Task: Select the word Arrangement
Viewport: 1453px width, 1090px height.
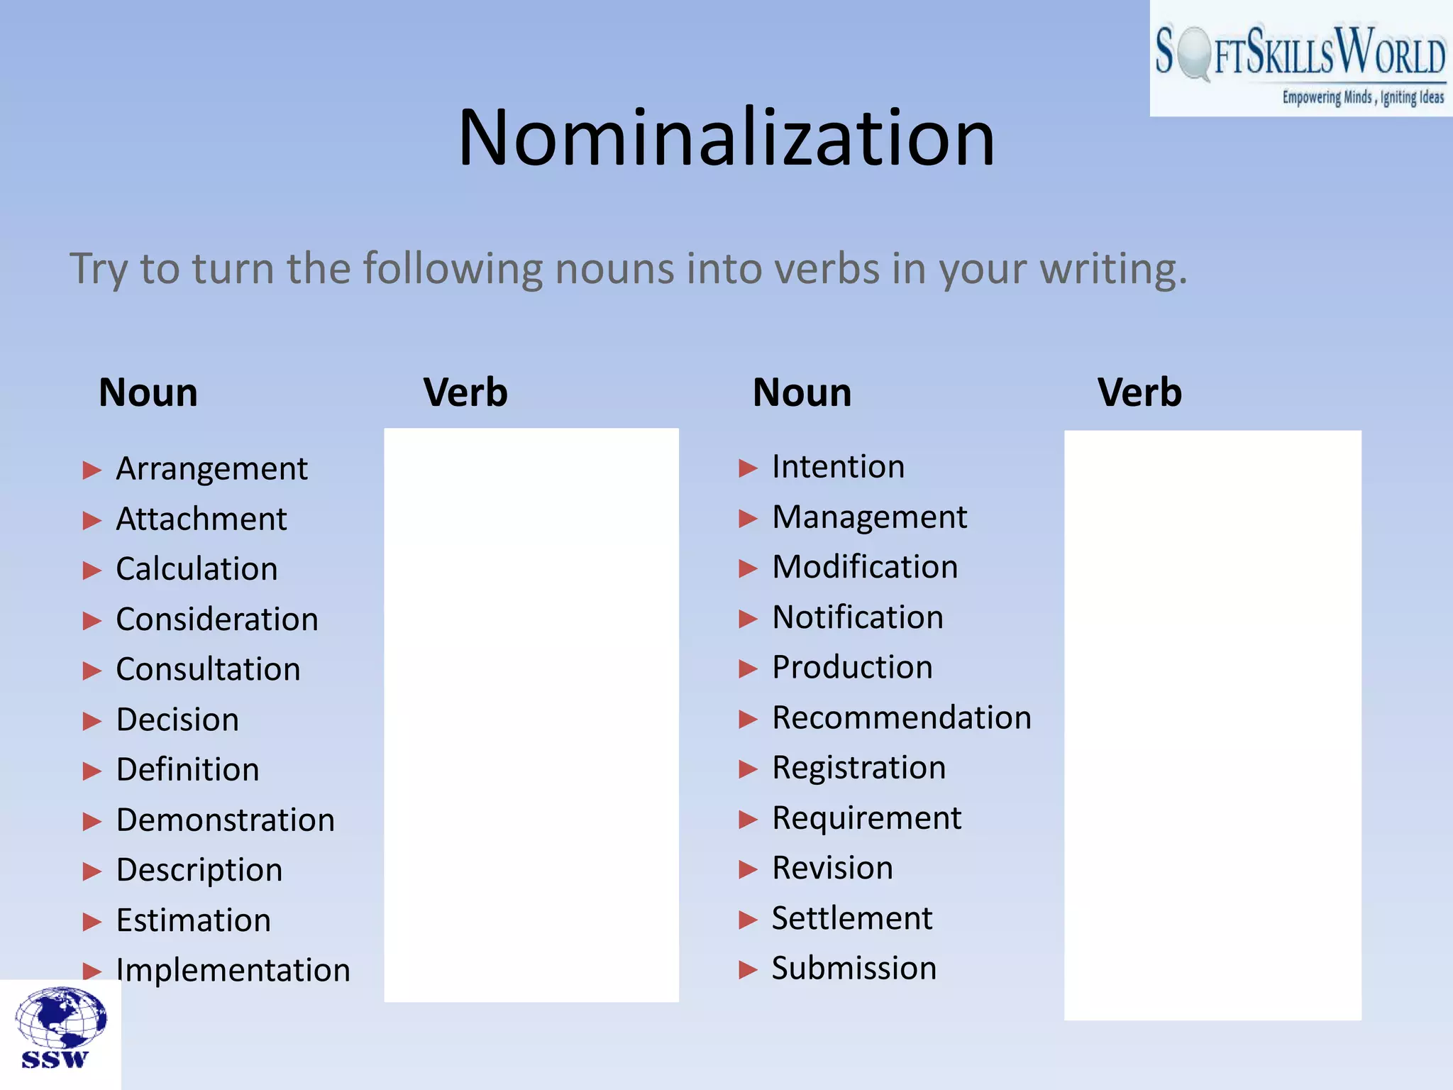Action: [x=211, y=469]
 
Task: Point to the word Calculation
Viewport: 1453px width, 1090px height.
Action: [x=197, y=569]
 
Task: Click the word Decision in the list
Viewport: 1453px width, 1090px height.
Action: [x=177, y=720]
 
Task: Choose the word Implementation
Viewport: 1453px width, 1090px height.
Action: [x=233, y=970]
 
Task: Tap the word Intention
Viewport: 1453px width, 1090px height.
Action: [x=838, y=467]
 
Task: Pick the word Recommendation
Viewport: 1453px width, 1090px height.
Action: [x=901, y=717]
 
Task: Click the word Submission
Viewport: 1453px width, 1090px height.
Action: [x=853, y=968]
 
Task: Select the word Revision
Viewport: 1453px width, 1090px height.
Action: [x=832, y=868]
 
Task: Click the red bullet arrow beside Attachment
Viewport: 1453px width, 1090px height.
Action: [x=92, y=521]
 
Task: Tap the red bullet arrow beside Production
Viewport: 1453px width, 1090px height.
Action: [x=748, y=668]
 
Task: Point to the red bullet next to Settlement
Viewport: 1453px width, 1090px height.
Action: [x=748, y=920]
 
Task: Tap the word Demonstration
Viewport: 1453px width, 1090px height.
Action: [x=225, y=820]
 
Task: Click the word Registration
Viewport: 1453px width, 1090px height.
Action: [x=858, y=768]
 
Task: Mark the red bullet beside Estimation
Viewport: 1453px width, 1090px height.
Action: [x=92, y=922]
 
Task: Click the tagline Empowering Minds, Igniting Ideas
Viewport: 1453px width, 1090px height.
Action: [x=1362, y=97]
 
